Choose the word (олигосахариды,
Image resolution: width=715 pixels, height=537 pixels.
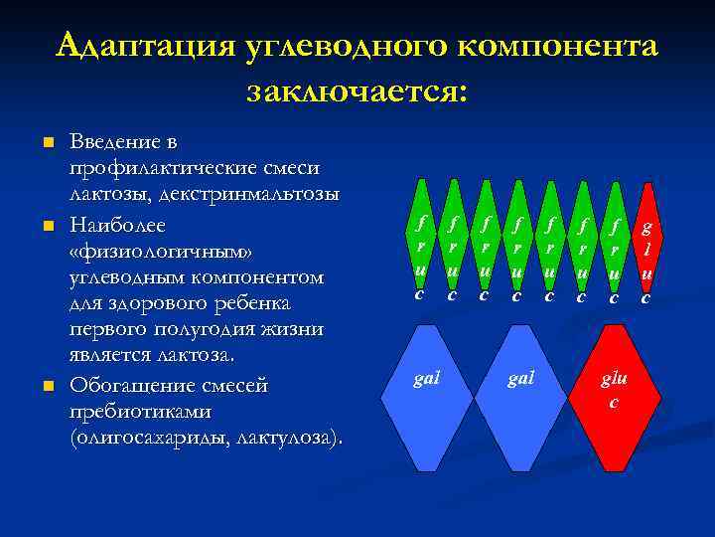click(149, 438)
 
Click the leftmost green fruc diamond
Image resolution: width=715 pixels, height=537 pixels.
click(421, 253)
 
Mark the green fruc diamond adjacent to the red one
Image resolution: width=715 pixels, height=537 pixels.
click(614, 253)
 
